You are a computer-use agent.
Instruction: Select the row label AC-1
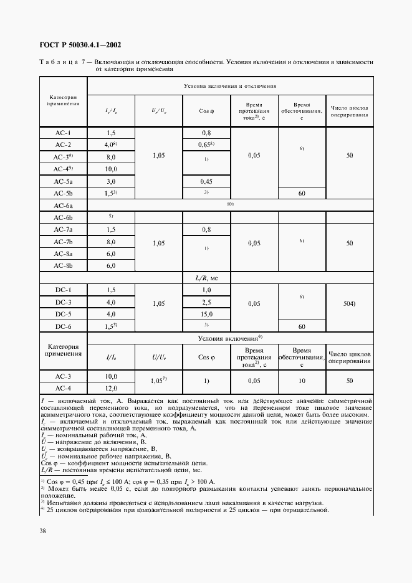64,133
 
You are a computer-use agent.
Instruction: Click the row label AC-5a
64,181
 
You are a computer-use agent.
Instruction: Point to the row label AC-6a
64,205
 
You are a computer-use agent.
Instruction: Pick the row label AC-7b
64,241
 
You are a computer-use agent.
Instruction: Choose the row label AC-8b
64,265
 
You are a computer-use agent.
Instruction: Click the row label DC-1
64,290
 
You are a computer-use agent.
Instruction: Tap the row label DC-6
64,326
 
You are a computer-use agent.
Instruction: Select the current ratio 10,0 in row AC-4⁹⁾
112,169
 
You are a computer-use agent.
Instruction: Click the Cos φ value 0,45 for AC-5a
206,181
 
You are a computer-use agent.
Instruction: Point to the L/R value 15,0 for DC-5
206,314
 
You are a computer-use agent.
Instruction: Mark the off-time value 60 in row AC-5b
302,193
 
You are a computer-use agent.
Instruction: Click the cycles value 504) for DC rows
349,303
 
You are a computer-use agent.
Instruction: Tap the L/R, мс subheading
206,278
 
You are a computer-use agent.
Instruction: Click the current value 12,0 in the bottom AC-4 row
112,388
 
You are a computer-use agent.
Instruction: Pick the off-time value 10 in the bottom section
302,380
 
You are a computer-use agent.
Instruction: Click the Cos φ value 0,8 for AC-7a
206,229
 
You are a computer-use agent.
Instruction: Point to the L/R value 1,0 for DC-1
206,290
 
